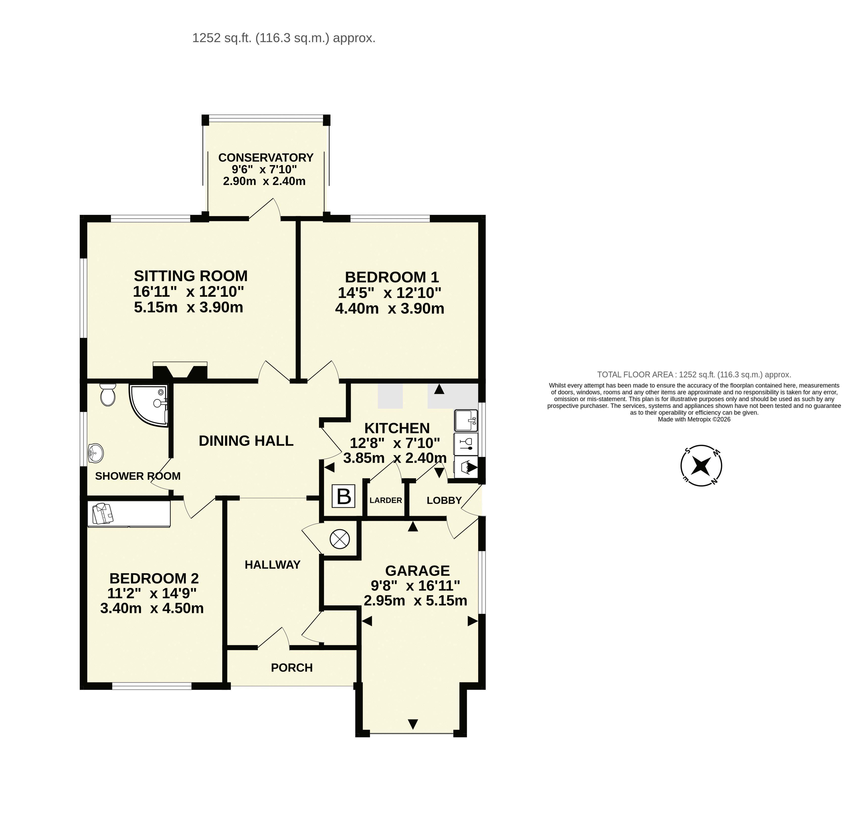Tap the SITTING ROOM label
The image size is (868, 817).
pos(190,276)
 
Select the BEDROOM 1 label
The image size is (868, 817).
pos(392,277)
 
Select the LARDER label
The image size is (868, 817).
pos(386,500)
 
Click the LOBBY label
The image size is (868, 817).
pos(444,500)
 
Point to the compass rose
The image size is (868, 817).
pos(701,466)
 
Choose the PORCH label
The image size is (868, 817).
pos(292,667)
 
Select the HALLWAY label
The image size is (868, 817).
pos(272,565)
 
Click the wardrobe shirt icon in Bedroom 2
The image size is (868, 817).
pos(103,513)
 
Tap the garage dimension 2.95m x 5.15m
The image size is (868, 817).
pos(415,601)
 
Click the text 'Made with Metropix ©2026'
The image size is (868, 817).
pos(694,419)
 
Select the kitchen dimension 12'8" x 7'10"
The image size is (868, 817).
pos(395,443)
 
